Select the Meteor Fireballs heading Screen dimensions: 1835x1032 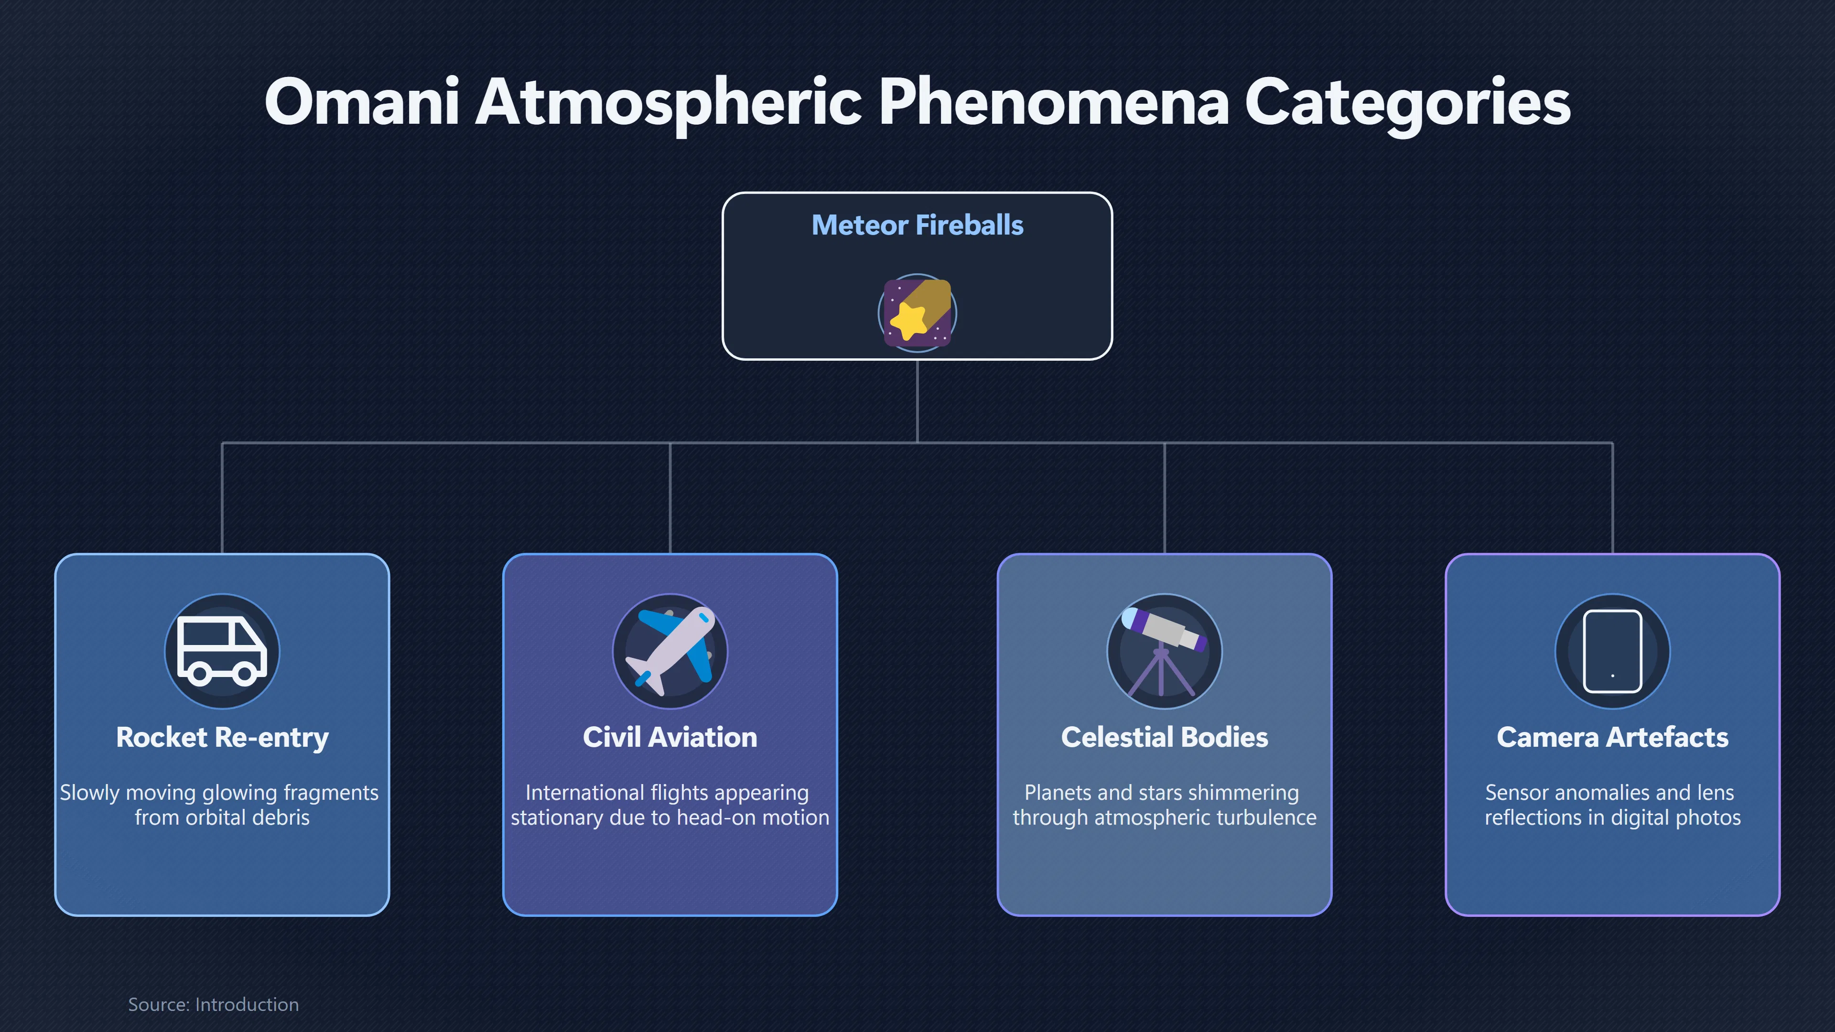pyautogui.click(x=917, y=225)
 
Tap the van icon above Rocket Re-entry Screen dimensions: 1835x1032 pyautogui.click(x=222, y=651)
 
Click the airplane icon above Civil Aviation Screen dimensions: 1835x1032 pyautogui.click(x=670, y=651)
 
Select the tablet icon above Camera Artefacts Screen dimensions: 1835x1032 pyautogui.click(x=1613, y=651)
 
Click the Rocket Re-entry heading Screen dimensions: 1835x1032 pyautogui.click(x=222, y=738)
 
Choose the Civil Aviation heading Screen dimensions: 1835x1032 pyautogui.click(x=670, y=737)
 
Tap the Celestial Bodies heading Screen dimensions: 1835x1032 pyautogui.click(x=1165, y=737)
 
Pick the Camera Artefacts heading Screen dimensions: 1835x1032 pyautogui.click(x=1613, y=737)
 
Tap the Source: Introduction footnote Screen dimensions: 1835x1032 pyautogui.click(x=214, y=1004)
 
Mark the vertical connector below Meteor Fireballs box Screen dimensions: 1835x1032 pyautogui.click(x=917, y=402)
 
